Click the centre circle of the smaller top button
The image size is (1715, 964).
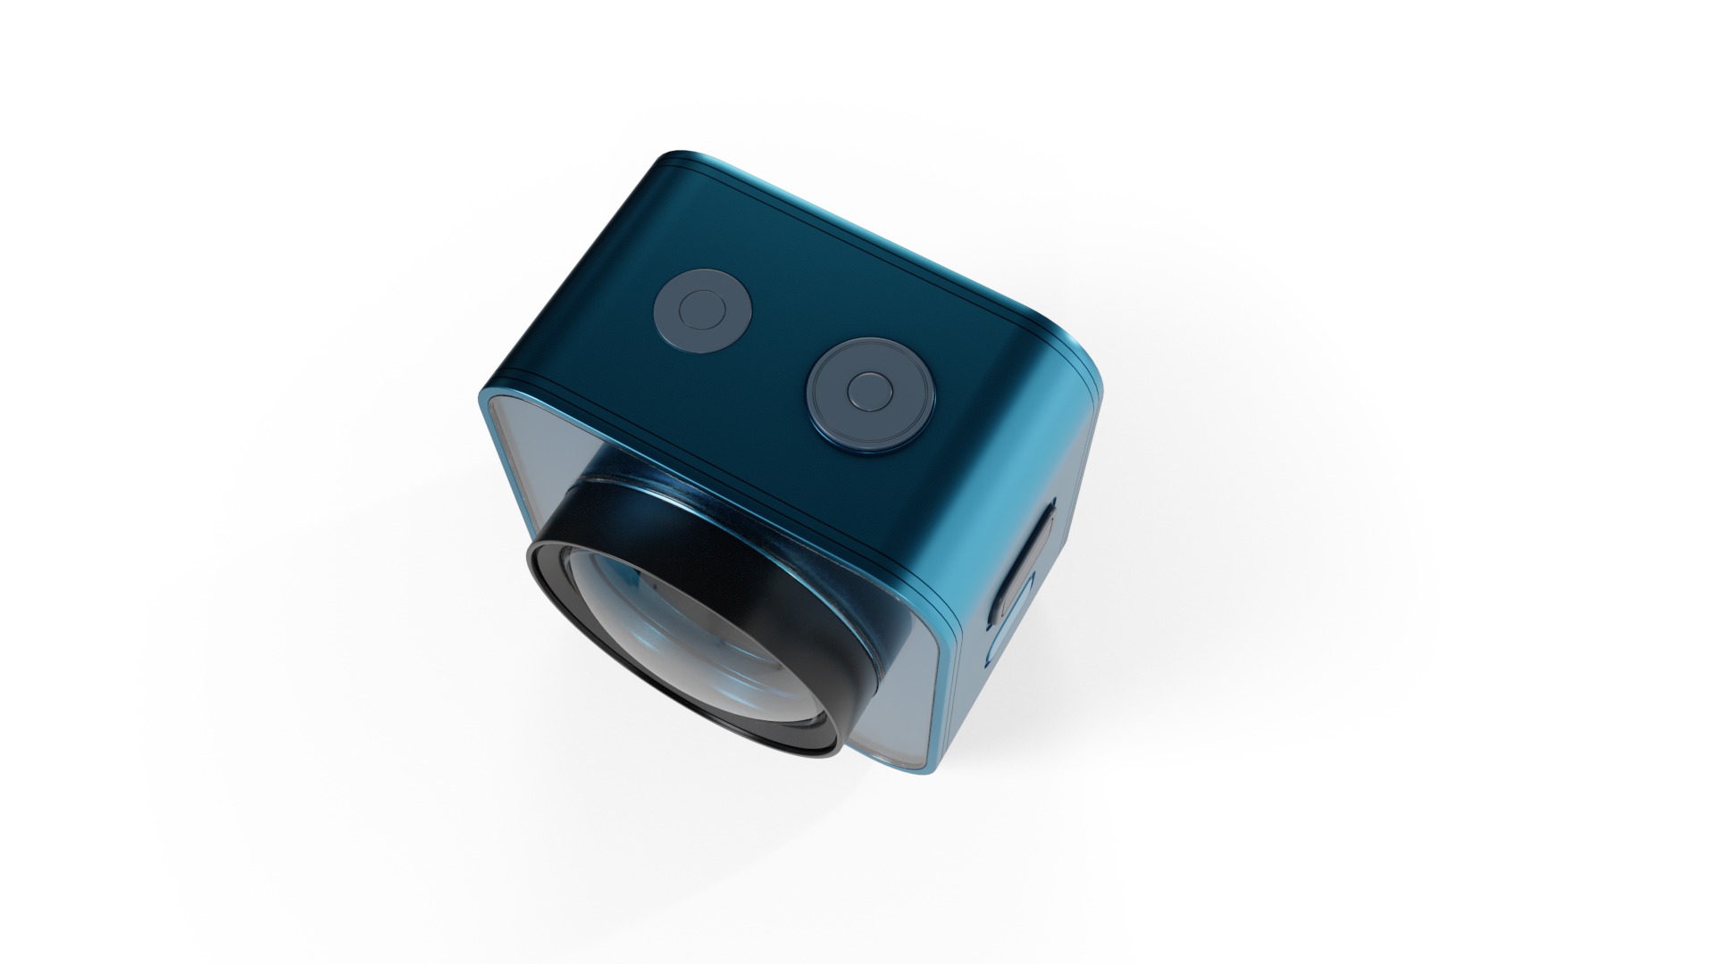tap(702, 310)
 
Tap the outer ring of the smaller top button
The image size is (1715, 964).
tap(671, 327)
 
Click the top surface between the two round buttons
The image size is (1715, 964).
tap(777, 348)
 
